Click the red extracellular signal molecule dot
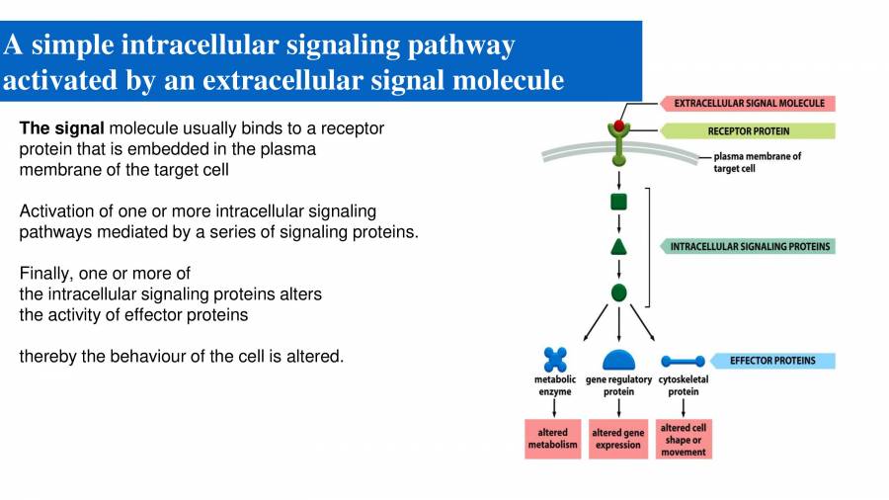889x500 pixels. (x=619, y=125)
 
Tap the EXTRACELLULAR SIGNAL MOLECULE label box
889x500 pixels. (x=748, y=103)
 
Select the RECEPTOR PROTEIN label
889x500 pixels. (x=748, y=130)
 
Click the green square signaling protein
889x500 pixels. (x=619, y=202)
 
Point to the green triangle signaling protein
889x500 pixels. (x=619, y=247)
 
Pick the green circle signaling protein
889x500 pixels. (x=619, y=292)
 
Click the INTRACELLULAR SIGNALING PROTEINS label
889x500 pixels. (x=750, y=246)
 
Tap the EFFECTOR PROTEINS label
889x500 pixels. (x=772, y=361)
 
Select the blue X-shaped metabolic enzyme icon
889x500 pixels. (x=555, y=361)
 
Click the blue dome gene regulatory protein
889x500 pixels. (x=619, y=361)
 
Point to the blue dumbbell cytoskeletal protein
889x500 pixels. (x=683, y=362)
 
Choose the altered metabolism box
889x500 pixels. (x=553, y=439)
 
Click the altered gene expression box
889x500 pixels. (x=618, y=439)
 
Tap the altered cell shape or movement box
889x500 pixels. (x=684, y=439)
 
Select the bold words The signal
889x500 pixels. (x=61, y=128)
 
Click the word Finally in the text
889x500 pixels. (x=45, y=273)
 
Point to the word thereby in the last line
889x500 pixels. (x=47, y=356)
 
